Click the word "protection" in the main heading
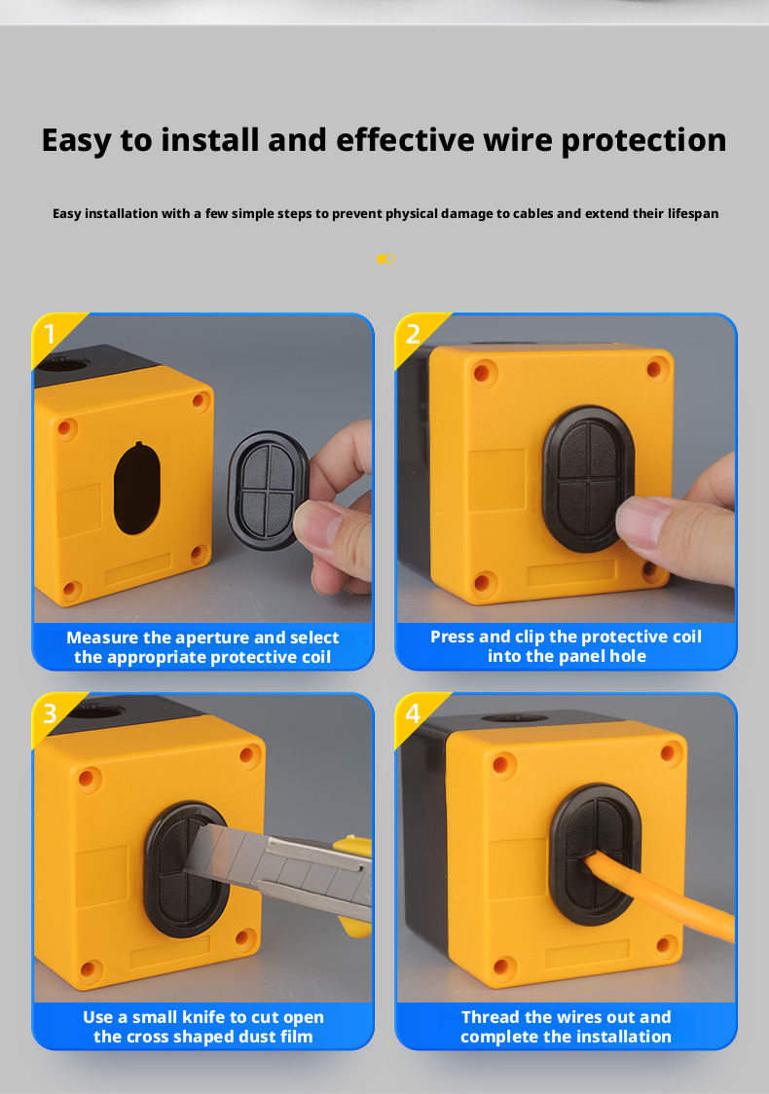point(643,140)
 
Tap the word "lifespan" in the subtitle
point(693,213)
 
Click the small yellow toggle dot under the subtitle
point(385,259)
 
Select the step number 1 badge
point(50,334)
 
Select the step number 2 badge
point(413,334)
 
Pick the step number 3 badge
point(50,713)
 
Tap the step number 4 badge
point(413,713)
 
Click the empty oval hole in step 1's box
point(137,489)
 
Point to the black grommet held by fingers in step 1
point(267,490)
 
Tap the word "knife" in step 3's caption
point(203,1017)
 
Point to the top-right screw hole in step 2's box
point(656,367)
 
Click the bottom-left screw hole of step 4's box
point(503,967)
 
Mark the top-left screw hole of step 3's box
point(89,779)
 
